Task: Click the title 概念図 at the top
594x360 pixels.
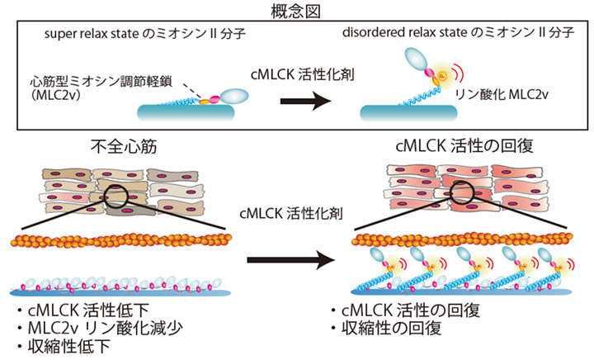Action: coord(295,12)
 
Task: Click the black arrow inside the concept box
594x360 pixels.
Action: coord(305,102)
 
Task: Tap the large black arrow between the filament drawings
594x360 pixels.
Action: coord(291,260)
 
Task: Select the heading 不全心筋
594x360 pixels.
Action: coord(124,147)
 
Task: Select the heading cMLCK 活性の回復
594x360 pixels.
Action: coord(464,146)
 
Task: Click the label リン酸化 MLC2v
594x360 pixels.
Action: coord(502,94)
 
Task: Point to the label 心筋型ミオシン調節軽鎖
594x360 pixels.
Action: coord(101,81)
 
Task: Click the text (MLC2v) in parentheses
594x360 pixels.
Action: coord(56,95)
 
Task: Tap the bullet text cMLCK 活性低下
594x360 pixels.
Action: coord(88,310)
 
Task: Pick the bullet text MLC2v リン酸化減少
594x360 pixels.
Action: coord(105,328)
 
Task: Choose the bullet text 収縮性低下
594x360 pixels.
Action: coord(69,346)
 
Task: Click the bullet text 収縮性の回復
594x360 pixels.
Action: coord(391,328)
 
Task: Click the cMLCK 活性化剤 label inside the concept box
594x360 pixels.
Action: coord(302,74)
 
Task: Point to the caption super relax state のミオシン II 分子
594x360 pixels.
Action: coord(145,34)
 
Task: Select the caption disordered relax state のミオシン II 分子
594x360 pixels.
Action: coord(459,32)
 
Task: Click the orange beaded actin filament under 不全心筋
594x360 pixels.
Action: coord(121,240)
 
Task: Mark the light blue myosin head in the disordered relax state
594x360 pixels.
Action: coord(416,59)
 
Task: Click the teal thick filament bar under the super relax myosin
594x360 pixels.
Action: coord(186,112)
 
